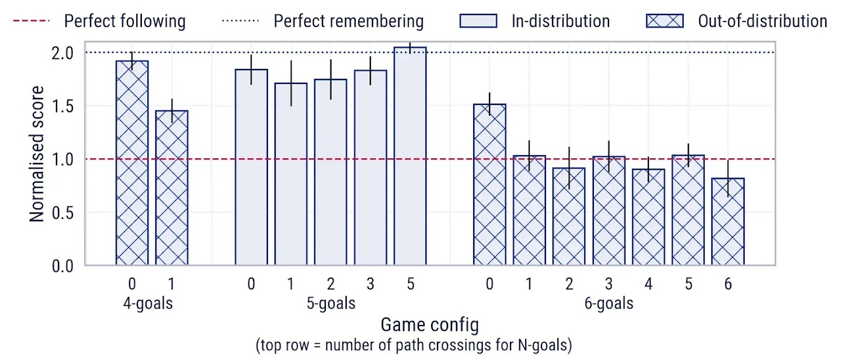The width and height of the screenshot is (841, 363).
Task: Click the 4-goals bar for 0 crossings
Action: (x=132, y=163)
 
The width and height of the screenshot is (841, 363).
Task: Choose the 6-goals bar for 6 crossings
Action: (x=728, y=222)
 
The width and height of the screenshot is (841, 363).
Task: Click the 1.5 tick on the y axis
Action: (x=61, y=106)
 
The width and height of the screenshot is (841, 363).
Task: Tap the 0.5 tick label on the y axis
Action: (x=61, y=213)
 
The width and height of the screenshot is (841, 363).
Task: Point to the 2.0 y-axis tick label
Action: (x=61, y=53)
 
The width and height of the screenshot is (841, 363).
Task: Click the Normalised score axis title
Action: (x=37, y=154)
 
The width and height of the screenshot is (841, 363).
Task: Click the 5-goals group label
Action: (x=331, y=304)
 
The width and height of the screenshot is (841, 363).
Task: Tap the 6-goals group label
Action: (x=609, y=304)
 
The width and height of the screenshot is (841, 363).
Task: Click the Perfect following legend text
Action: (x=124, y=22)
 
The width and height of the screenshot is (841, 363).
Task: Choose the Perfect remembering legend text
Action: (x=349, y=22)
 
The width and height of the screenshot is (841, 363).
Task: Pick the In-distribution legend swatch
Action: (x=478, y=22)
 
